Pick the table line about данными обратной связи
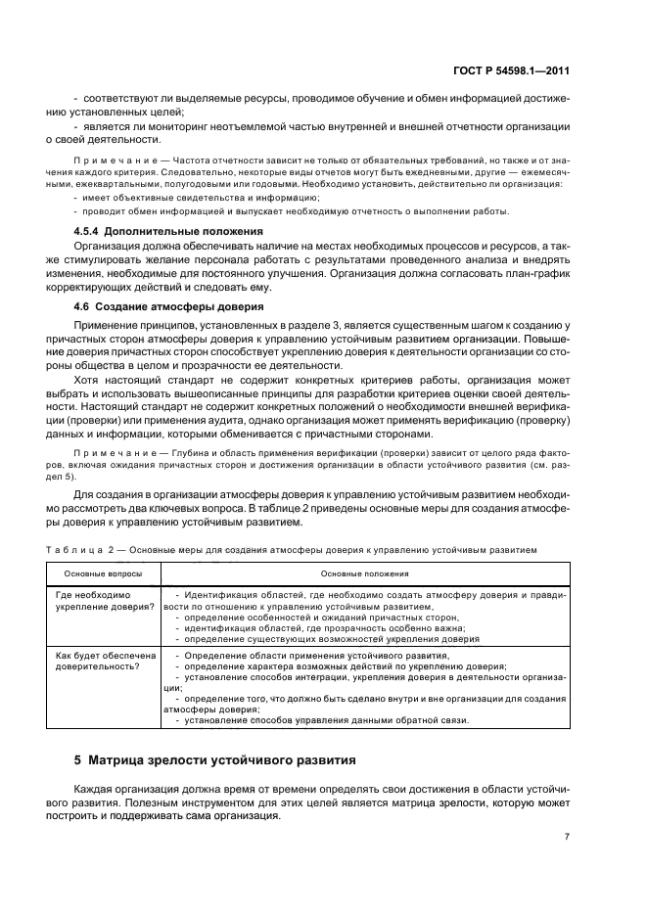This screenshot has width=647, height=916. coord(322,721)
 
